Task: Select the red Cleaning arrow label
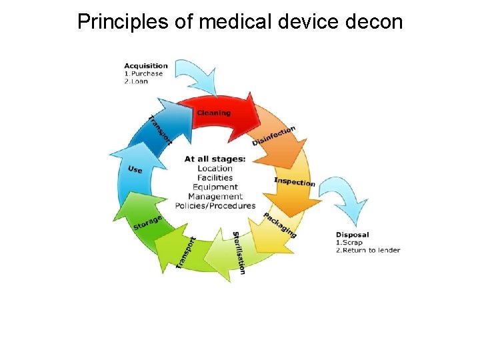[x=214, y=113]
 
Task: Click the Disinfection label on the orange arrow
[x=274, y=135]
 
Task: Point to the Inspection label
[x=294, y=181]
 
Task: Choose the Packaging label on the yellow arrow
[x=280, y=225]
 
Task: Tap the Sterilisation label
[x=239, y=252]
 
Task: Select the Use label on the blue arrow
[x=135, y=170]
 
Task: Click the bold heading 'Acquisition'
[x=146, y=65]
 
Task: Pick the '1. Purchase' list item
[x=143, y=73]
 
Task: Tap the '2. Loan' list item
[x=138, y=81]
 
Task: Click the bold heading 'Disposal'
[x=353, y=235]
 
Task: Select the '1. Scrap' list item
[x=350, y=243]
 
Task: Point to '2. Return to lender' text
[x=368, y=251]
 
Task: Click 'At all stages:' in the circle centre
[x=215, y=159]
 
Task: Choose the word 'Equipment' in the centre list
[x=215, y=187]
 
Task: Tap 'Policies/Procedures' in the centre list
[x=215, y=206]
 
